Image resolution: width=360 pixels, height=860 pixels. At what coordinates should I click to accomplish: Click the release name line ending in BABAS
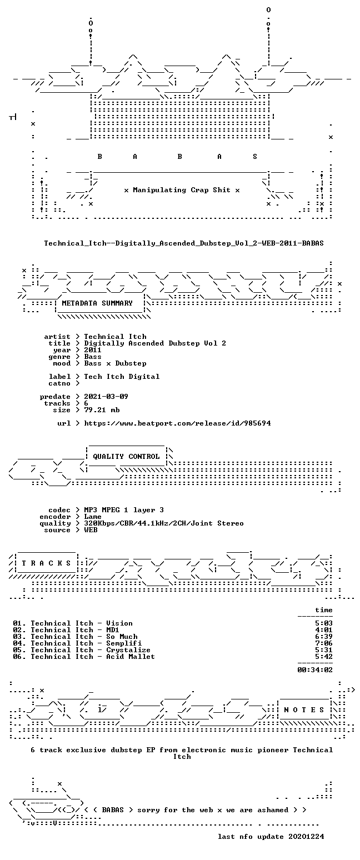pos(184,243)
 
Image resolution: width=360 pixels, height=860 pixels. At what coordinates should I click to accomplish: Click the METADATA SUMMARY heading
pos(97,303)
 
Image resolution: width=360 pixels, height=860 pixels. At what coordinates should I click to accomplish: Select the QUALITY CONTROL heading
pos(126,457)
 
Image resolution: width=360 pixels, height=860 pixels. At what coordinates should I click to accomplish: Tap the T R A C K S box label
pos(47,563)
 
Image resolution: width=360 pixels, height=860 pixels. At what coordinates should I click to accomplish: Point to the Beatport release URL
pos(177,423)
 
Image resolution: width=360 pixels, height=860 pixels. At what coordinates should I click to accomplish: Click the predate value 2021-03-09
pos(106,397)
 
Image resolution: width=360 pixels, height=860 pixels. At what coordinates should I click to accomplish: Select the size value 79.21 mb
pos(102,410)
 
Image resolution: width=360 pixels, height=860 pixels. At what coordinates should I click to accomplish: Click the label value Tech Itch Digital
pos(122,377)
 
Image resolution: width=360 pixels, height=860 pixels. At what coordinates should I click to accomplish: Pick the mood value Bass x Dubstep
pos(115,363)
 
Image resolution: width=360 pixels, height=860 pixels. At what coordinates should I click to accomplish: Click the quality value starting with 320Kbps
pos(164,523)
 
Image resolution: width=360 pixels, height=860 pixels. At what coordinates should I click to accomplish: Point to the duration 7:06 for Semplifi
pos(324,643)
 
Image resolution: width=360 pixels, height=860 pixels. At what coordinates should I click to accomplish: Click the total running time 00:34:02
pos(315,670)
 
